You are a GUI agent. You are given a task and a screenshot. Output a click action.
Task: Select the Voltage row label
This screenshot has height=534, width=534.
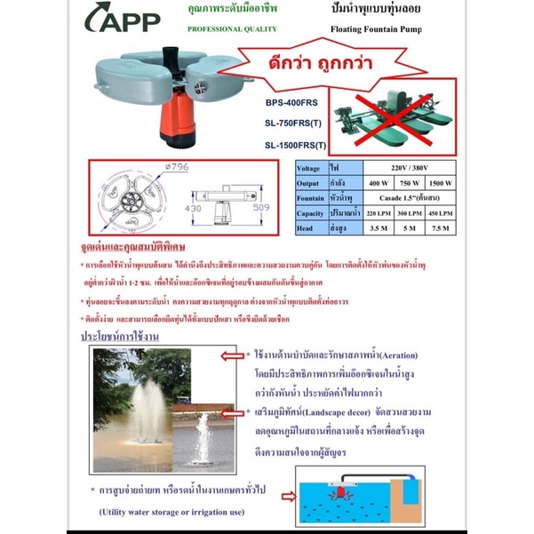point(310,165)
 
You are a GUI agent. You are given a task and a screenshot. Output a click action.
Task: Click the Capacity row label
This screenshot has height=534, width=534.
point(311,213)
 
